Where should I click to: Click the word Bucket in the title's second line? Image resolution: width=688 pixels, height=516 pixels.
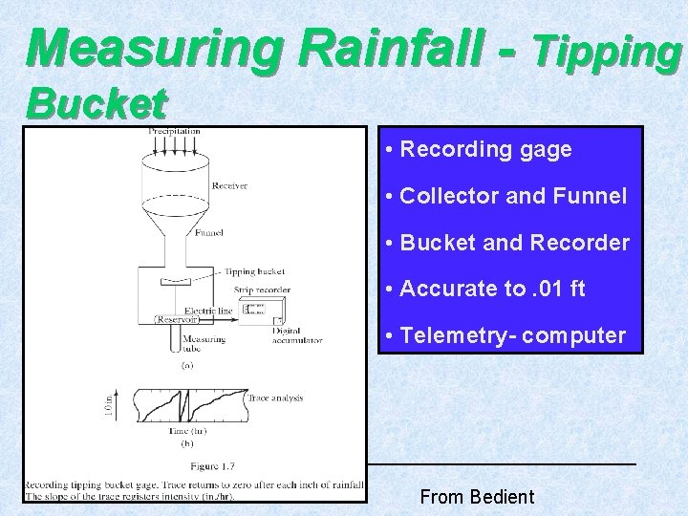click(x=97, y=102)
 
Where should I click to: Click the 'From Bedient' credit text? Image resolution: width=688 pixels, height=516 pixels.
click(x=477, y=497)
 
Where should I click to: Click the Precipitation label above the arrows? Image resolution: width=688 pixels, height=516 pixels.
click(x=174, y=131)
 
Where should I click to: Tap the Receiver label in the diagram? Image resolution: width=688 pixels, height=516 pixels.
click(x=229, y=185)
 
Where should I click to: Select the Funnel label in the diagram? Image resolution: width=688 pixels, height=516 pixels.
click(x=208, y=232)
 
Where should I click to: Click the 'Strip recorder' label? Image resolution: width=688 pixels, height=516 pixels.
click(x=262, y=290)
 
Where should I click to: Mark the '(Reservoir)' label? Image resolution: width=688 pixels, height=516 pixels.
click(x=176, y=320)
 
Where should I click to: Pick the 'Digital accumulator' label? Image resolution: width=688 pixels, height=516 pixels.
click(x=296, y=335)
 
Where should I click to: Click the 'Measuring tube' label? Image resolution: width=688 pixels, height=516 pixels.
click(x=204, y=344)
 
